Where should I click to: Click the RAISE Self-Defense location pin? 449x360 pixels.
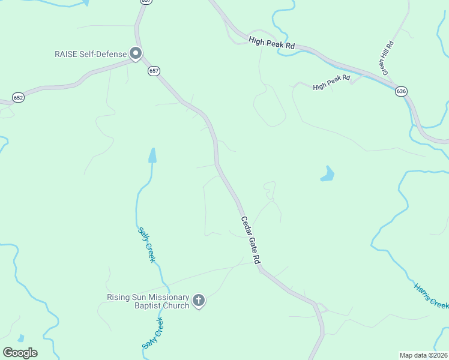tap(136, 54)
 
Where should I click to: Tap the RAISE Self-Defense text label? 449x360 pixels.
tap(89, 54)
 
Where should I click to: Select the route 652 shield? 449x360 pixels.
tap(19, 97)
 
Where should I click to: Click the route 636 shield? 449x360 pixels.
tap(401, 91)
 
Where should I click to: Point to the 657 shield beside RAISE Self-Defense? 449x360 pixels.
tap(154, 71)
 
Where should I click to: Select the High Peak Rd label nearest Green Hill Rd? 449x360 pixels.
tap(331, 83)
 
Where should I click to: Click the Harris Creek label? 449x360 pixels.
tap(431, 295)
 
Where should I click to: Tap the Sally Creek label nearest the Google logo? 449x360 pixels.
tap(152, 333)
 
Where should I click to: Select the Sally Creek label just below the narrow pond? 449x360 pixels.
tap(146, 244)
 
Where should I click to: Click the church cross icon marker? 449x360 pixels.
tap(199, 301)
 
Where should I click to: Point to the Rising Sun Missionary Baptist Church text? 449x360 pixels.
tap(148, 301)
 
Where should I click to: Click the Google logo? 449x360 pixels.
tap(20, 352)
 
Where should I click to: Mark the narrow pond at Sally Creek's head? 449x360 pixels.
tap(152, 156)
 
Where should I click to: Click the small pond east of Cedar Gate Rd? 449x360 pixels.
tap(327, 174)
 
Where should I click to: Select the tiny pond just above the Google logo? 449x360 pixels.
tap(21, 338)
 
